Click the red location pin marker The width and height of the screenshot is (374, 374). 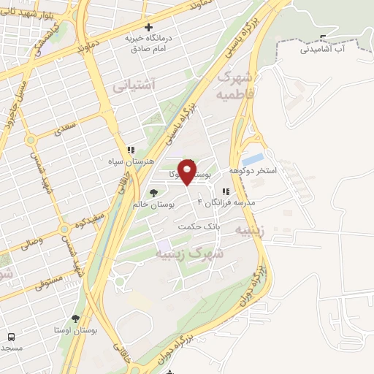[x=187, y=171]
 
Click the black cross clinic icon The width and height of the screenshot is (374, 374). [x=150, y=27]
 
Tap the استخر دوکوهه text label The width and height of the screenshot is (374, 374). [x=253, y=170]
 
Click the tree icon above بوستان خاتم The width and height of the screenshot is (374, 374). [x=153, y=192]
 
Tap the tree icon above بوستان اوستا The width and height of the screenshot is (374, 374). [x=76, y=318]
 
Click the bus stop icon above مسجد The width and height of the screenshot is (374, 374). [x=11, y=337]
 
